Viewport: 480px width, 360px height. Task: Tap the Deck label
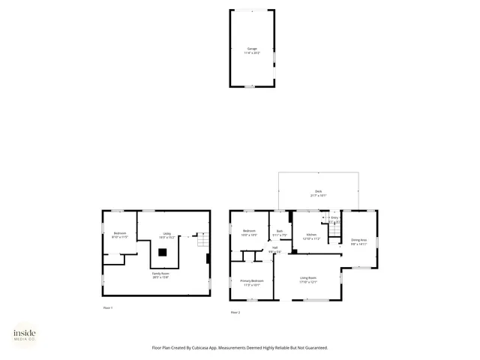coord(318,193)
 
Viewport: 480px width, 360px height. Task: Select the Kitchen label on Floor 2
coord(311,236)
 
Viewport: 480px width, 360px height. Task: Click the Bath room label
coord(279,232)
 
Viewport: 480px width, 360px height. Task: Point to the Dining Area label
coord(359,241)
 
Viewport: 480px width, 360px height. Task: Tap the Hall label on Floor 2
coord(274,249)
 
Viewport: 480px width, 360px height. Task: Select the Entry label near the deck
coord(334,219)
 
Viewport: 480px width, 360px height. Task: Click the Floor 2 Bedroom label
coord(249,232)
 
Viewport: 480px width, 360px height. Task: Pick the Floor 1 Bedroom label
coord(120,235)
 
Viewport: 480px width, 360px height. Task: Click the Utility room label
coord(167,235)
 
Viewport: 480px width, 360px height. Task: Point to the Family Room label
coord(162,275)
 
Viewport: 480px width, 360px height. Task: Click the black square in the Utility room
coord(162,253)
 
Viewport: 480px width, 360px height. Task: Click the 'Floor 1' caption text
coord(107,308)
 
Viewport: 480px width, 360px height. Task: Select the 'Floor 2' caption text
coord(235,312)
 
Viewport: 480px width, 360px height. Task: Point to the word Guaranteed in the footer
coord(313,347)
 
